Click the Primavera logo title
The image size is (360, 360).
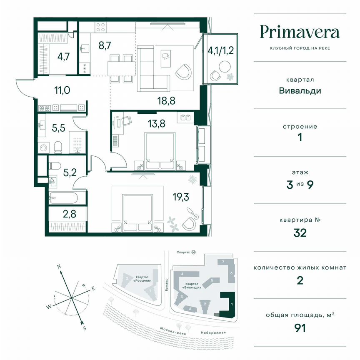point(300,32)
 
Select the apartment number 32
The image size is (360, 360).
point(300,232)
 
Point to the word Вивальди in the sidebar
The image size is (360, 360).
point(300,90)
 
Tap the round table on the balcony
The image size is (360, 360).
point(225,67)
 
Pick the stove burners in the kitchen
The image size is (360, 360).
point(100,27)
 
